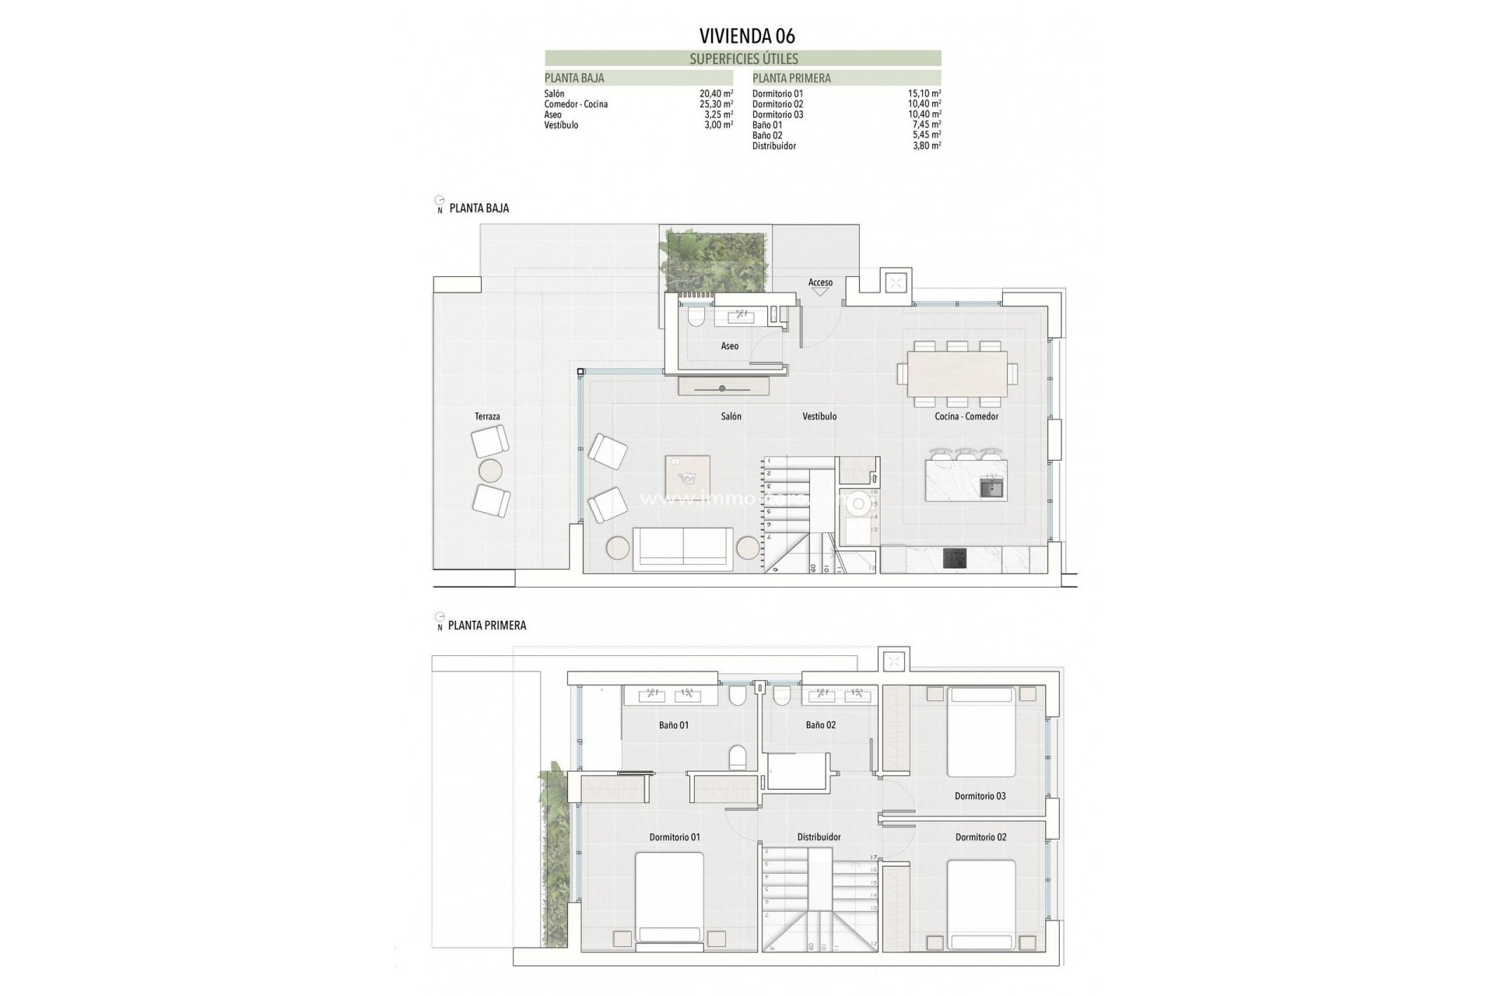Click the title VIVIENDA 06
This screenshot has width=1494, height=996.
[x=746, y=36]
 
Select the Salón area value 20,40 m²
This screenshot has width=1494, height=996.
[x=716, y=93]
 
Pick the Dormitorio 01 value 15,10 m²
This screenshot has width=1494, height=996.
[x=924, y=93]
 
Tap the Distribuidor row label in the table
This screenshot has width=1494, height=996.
[x=773, y=146]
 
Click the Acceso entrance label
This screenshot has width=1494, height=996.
[x=820, y=282]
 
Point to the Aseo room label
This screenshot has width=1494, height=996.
[x=729, y=346]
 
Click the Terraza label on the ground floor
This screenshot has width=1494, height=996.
[x=487, y=416]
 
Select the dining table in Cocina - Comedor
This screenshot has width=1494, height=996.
[x=957, y=374]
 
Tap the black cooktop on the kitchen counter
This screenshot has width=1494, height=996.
[x=955, y=559]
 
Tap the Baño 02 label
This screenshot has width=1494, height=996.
[x=820, y=724]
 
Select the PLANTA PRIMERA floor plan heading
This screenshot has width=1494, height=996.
[x=487, y=625]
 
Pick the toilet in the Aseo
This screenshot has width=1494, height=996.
[x=696, y=316]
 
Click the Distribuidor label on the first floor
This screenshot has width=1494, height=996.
[x=819, y=837]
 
